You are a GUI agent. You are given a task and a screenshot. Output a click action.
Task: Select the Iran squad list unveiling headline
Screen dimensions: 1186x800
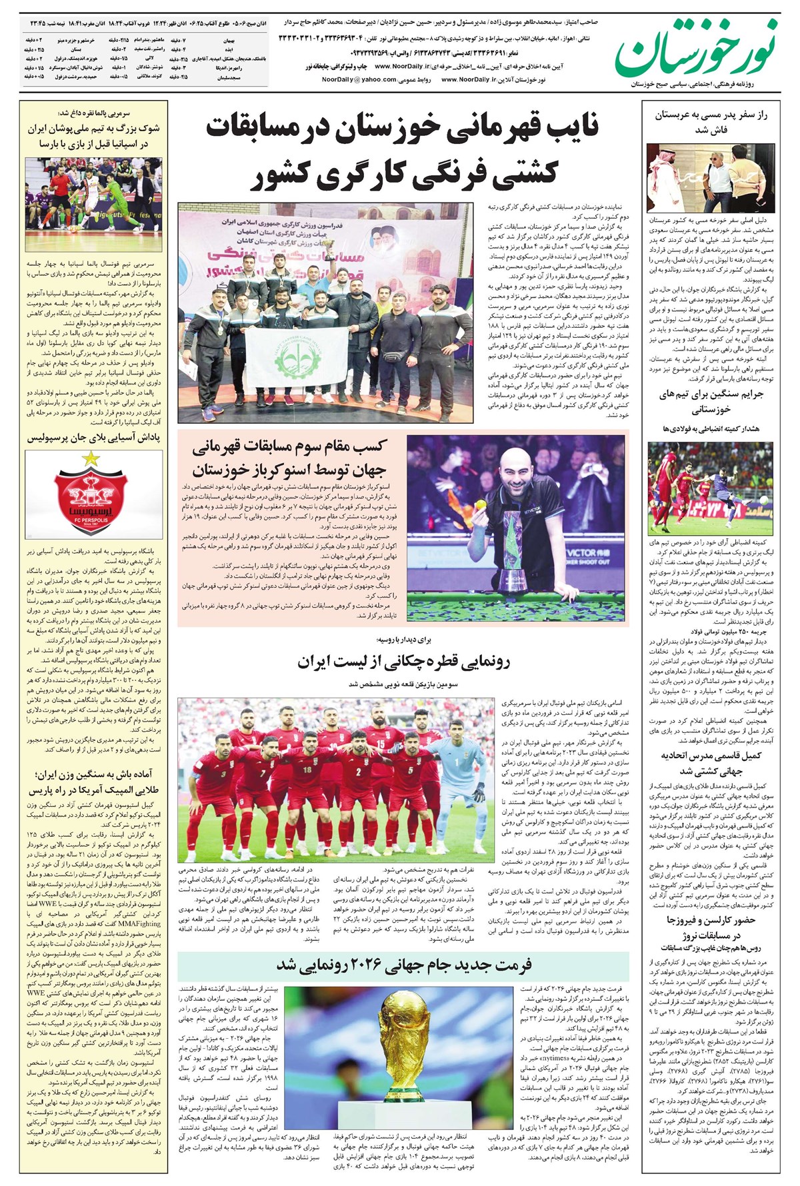pos(403,662)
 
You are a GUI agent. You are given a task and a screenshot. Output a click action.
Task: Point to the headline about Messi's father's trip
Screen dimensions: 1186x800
pos(710,122)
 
